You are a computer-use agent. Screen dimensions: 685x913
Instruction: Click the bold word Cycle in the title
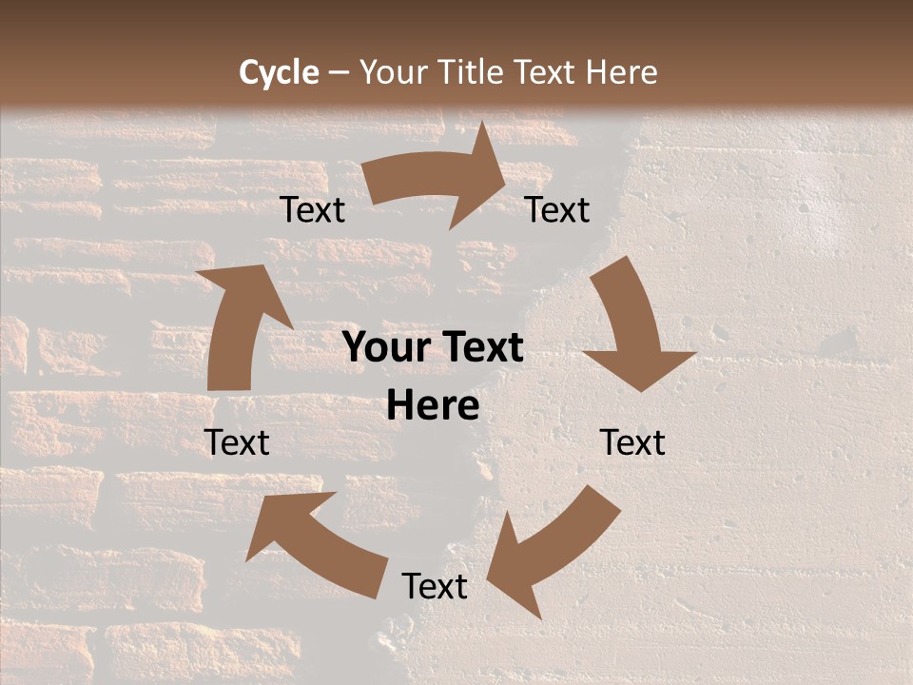(279, 72)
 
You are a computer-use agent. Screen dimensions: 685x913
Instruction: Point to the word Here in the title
(620, 72)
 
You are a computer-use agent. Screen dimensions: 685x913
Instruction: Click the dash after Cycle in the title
(339, 73)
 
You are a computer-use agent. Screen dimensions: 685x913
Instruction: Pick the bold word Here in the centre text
(433, 406)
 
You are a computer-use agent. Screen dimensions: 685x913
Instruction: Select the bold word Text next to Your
(480, 348)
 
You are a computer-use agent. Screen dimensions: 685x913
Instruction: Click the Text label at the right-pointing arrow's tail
(313, 210)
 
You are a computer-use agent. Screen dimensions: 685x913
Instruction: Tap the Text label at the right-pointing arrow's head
(557, 210)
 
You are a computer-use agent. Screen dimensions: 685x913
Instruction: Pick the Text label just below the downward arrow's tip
(632, 442)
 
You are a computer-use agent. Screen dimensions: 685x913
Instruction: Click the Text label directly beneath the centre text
(435, 586)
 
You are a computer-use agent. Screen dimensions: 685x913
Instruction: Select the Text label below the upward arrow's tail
(238, 442)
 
